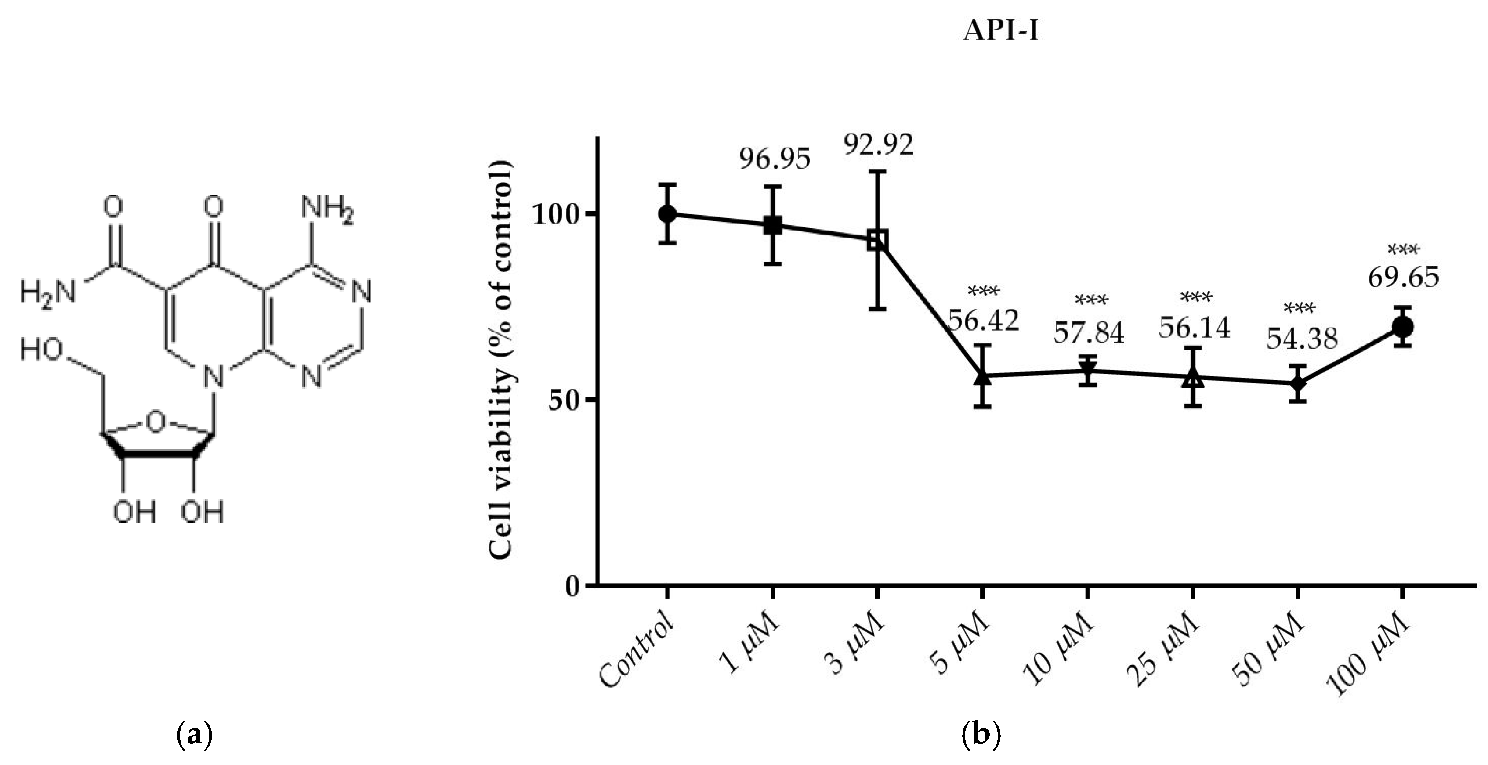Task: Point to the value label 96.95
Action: pyautogui.click(x=775, y=159)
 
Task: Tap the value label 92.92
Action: pyautogui.click(x=878, y=145)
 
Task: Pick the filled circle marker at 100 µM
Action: pyautogui.click(x=1402, y=327)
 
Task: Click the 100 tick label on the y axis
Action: pyautogui.click(x=554, y=215)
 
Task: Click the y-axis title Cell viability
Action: pyautogui.click(x=501, y=358)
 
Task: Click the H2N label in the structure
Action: pyautogui.click(x=47, y=292)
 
